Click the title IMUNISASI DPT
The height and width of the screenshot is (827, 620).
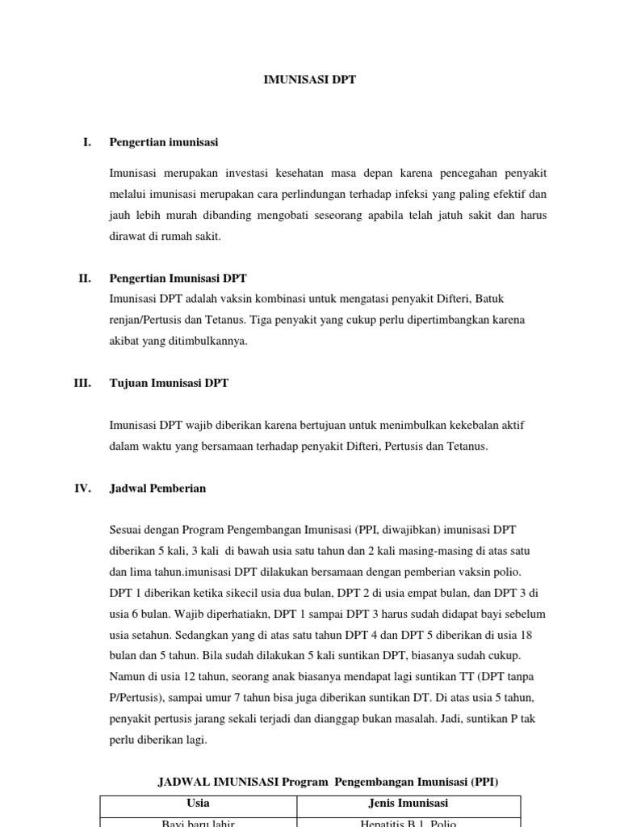pyautogui.click(x=310, y=80)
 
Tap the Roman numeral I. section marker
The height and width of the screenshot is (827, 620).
pyautogui.click(x=86, y=142)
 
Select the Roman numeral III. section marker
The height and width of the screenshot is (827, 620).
pyautogui.click(x=82, y=383)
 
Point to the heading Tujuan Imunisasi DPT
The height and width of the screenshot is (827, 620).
pyautogui.click(x=169, y=383)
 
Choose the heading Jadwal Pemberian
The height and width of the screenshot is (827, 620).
pyautogui.click(x=157, y=488)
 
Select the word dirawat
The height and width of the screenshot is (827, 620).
pyautogui.click(x=129, y=237)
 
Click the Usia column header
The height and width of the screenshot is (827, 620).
pyautogui.click(x=198, y=804)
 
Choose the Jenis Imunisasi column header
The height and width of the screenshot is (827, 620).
pyautogui.click(x=408, y=804)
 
